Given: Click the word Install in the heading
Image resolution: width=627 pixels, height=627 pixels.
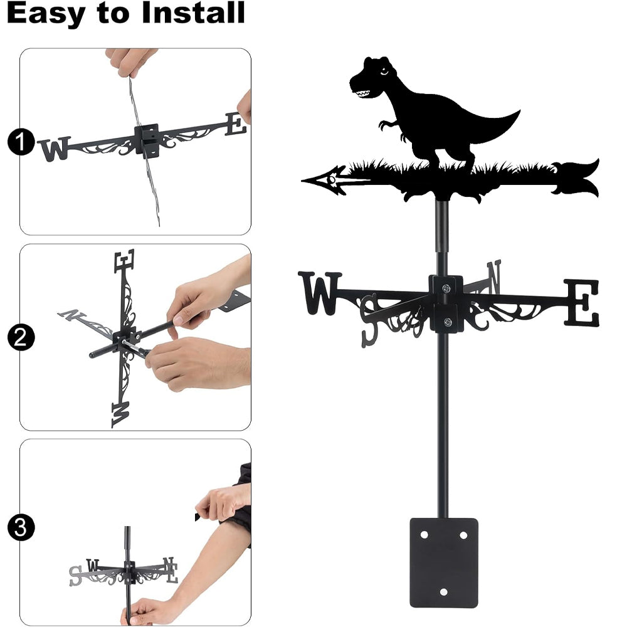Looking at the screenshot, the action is coord(193,13).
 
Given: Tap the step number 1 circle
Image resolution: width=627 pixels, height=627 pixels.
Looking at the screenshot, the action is coord(21,142).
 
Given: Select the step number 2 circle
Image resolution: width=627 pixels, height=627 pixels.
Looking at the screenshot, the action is coord(21,337).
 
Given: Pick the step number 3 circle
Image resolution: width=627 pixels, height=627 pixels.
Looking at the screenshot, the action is coord(21,527).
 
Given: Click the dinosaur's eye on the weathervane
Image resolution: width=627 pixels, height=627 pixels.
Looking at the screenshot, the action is coord(384,72).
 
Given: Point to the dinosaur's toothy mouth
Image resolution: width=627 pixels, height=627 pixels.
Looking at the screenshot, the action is coord(364,94).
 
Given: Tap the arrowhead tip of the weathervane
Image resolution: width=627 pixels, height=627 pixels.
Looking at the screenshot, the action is coord(302,181).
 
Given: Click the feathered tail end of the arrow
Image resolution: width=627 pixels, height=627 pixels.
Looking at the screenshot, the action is coord(576,178).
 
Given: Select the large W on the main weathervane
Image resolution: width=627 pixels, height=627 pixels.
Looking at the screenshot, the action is coord(320,293).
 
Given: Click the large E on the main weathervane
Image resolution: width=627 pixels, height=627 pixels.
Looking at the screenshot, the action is coord(582,303).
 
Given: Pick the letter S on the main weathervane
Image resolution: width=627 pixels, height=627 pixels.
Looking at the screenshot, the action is coord(369,320).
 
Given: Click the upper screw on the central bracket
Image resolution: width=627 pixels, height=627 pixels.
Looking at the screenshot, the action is coord(446,288).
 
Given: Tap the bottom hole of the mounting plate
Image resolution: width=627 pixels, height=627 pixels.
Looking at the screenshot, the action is coord(443,591).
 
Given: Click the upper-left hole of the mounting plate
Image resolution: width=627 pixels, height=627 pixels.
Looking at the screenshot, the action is coord(424,535).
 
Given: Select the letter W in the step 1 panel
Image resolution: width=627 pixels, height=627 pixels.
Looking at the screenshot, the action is coord(55,149).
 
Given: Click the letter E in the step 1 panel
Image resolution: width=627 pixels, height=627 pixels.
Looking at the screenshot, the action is coord(236,124).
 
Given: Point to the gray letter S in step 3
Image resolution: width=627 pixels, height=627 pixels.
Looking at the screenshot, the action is coord(75,576).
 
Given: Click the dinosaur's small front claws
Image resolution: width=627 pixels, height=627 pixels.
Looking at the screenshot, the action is coord(386,125).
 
